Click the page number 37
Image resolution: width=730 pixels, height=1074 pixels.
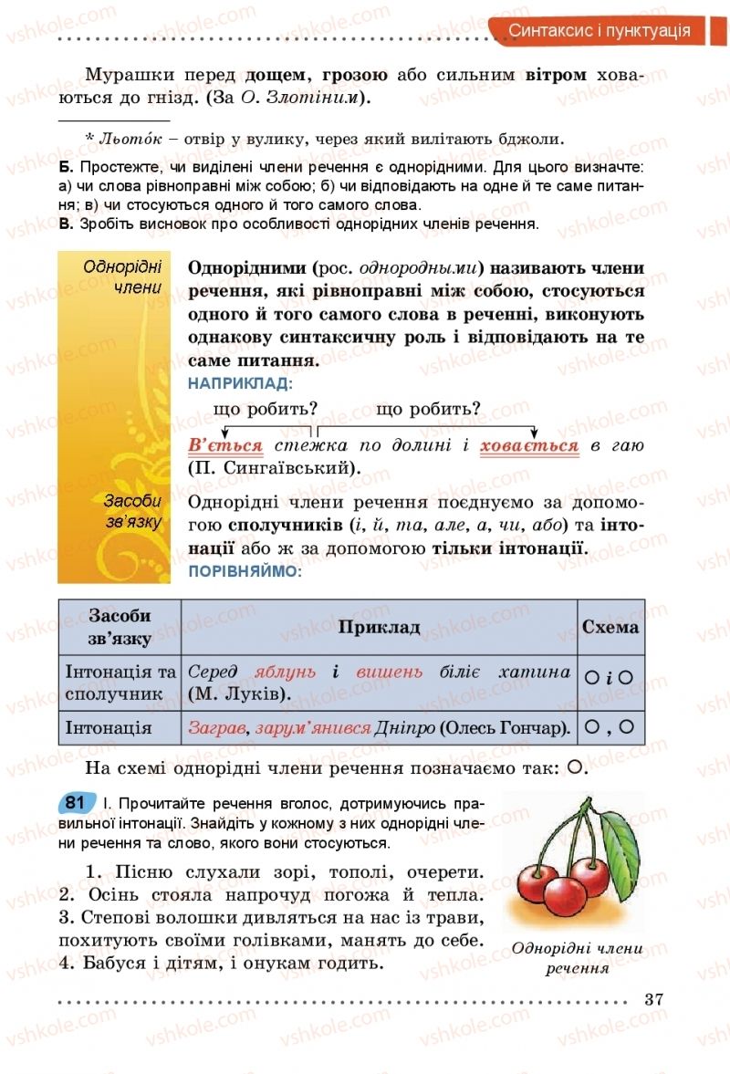(x=653, y=998)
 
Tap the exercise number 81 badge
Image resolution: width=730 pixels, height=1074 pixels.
(x=76, y=803)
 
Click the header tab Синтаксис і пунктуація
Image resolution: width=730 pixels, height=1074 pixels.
(x=599, y=31)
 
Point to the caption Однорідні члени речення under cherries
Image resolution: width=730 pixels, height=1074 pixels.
(x=578, y=958)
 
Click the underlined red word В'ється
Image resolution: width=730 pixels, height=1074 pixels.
(x=225, y=446)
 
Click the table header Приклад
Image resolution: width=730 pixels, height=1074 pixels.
(x=379, y=627)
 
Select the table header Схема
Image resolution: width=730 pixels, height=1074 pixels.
(x=610, y=627)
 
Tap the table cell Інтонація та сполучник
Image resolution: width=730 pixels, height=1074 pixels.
(x=120, y=683)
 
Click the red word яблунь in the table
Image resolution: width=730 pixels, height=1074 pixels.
(x=285, y=673)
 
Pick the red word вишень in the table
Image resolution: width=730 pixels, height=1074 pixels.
(x=390, y=673)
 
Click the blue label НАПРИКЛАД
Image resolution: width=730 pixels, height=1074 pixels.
(x=240, y=384)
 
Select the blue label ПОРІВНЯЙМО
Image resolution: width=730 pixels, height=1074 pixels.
(x=244, y=571)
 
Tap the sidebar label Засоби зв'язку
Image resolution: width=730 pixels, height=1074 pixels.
(x=132, y=512)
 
